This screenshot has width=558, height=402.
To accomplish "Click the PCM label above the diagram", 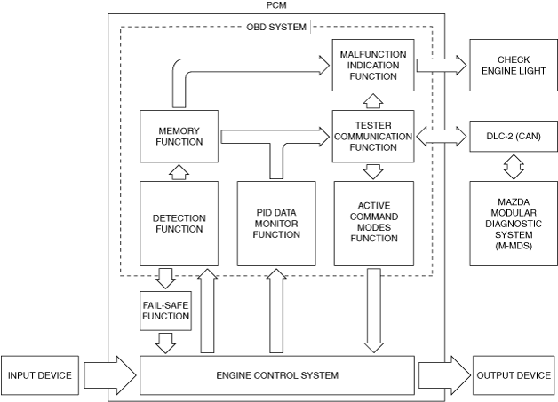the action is coord(276,5).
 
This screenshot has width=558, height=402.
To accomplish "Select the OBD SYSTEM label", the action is coord(276,27).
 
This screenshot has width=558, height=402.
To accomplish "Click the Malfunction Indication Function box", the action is coord(373,65).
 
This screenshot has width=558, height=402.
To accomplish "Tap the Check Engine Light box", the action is coord(514,65).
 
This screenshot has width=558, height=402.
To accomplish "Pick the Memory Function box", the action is coord(179,136).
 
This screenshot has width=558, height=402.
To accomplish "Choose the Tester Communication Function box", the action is coord(373,136).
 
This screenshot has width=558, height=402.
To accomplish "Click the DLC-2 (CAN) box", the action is coord(514,136).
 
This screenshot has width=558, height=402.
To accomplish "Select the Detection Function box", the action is coord(179,224).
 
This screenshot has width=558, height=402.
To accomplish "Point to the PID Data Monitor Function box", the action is coord(276,224).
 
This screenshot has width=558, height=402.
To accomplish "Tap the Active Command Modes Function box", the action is coord(374,224).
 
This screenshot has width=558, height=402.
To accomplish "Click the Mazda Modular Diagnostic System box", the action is coord(514,224).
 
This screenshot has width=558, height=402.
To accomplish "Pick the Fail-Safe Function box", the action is coord(165,311).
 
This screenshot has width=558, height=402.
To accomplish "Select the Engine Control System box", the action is coord(277,375).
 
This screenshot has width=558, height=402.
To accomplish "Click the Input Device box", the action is coord(39,375).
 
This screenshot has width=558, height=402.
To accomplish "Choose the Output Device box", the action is coord(514,375).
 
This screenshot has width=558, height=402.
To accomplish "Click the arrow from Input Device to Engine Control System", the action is coord(110,375).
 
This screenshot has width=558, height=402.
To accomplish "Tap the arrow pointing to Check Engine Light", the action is coord(442,65).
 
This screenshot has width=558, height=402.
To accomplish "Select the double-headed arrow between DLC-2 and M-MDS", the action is coord(514,166).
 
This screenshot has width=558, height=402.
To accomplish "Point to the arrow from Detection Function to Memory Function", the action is coord(179,172).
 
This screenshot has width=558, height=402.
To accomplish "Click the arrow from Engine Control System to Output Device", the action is coord(445,375).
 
